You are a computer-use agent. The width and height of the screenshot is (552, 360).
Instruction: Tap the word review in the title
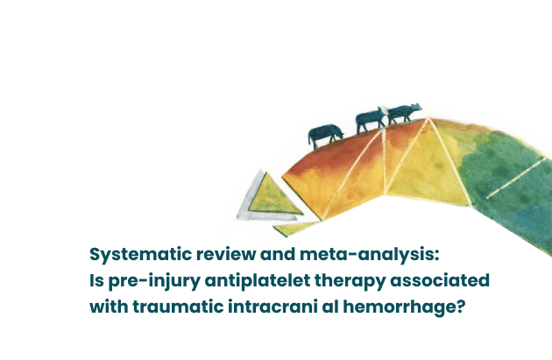[x=226, y=254]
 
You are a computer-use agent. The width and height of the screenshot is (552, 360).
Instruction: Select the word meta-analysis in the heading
[x=367, y=255]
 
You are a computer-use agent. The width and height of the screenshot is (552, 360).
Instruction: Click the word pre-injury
[x=154, y=281]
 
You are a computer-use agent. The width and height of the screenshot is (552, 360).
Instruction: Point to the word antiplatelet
[x=258, y=280]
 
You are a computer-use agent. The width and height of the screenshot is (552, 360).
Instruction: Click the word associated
[x=440, y=280]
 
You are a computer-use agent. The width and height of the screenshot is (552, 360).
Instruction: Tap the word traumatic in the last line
[x=178, y=307]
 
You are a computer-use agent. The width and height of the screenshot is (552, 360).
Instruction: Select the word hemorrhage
[x=400, y=307]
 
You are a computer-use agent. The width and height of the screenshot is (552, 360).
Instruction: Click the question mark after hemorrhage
[x=462, y=307]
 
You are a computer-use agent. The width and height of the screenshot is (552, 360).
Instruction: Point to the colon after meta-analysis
[x=437, y=256]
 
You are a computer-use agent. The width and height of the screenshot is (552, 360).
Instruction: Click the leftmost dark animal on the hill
[x=325, y=135]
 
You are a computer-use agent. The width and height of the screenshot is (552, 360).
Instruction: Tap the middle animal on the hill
[x=371, y=120]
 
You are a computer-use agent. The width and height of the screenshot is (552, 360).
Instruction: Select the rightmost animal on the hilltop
[x=404, y=114]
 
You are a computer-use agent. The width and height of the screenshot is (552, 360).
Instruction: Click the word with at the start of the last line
[x=109, y=307]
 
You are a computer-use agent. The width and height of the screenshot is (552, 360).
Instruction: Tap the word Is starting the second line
[x=96, y=281]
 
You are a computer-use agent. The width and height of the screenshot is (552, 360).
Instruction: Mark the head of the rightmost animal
[x=416, y=107]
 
